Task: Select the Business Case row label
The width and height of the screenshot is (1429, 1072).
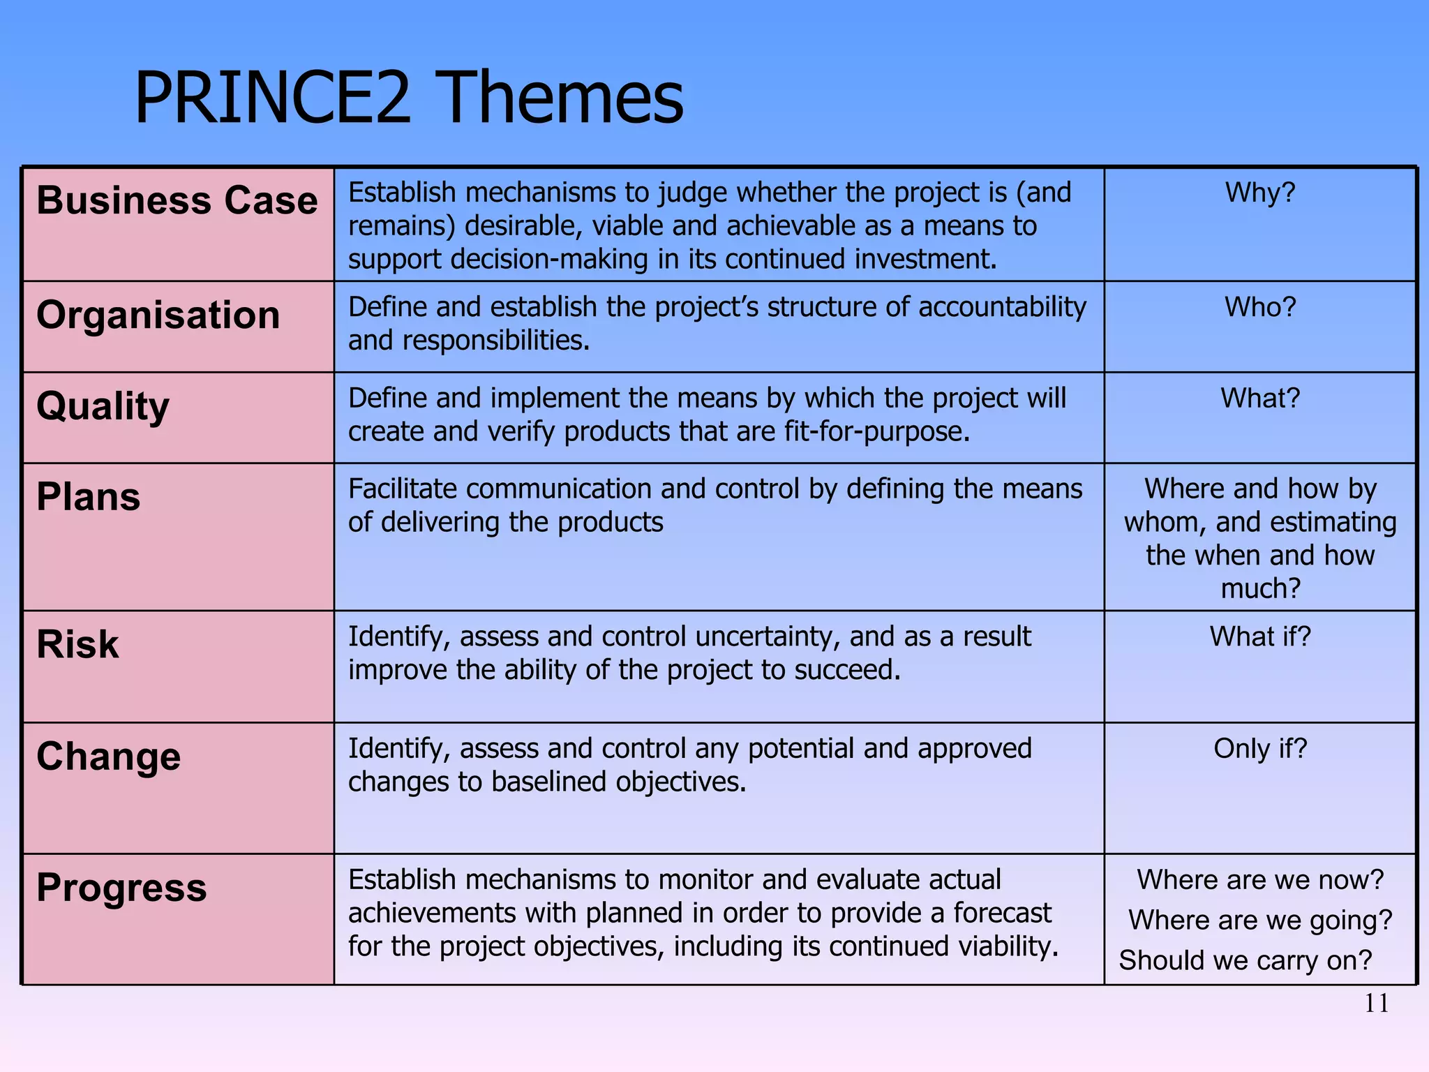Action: [177, 200]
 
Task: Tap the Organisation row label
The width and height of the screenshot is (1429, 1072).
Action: [158, 315]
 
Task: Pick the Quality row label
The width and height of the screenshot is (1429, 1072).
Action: [103, 406]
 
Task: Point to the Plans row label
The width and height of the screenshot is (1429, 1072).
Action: [88, 497]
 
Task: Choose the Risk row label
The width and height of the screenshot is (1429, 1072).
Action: [77, 643]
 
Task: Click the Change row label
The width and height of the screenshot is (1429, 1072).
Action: [108, 757]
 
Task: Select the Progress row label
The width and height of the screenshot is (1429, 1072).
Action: [121, 888]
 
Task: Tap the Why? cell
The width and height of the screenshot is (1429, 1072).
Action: [1260, 193]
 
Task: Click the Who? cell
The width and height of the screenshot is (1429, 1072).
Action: [1260, 307]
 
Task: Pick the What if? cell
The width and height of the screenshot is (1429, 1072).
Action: [1260, 636]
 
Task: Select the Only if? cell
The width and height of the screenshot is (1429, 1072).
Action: [1260, 748]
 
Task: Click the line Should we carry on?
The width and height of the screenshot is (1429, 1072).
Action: [1245, 960]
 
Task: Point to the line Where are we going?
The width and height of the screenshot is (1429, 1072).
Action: [1260, 920]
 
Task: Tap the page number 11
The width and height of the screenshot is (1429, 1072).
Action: [1376, 1004]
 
